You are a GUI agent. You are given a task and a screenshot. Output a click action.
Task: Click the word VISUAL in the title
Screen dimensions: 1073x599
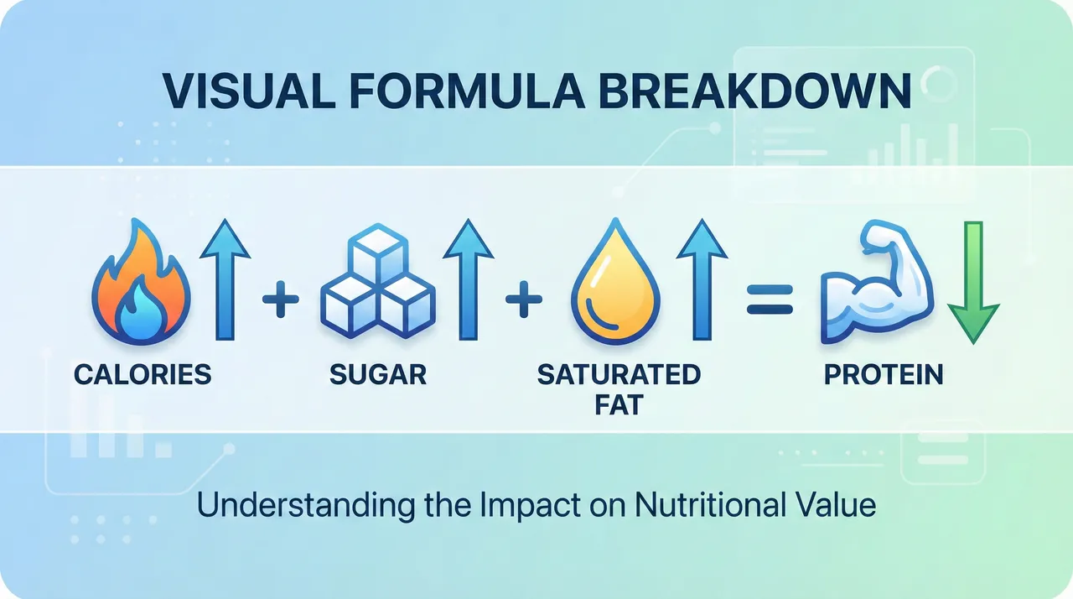click(249, 91)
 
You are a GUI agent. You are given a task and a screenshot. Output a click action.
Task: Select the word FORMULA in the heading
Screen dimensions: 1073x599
click(467, 91)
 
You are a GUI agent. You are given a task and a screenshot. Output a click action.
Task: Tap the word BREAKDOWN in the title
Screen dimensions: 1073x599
click(755, 91)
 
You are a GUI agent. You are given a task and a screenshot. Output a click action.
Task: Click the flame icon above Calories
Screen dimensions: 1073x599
click(142, 282)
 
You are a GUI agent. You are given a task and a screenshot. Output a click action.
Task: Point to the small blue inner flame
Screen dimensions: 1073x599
click(142, 311)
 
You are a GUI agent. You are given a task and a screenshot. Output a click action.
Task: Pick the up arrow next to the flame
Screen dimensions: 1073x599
click(225, 279)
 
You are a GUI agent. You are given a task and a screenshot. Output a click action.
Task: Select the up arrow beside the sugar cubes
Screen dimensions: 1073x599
click(469, 279)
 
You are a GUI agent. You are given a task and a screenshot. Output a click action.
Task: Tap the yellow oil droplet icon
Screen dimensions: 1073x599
click(615, 282)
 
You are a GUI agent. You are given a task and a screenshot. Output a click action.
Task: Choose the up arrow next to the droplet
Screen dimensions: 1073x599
click(702, 279)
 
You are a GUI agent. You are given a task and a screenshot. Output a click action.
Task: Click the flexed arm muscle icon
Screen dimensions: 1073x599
click(878, 282)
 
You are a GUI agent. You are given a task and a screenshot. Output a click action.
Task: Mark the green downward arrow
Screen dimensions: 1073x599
click(973, 283)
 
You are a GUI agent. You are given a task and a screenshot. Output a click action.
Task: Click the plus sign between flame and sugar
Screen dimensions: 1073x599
click(281, 299)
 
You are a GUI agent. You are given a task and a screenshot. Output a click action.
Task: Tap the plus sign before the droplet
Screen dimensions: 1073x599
click(524, 299)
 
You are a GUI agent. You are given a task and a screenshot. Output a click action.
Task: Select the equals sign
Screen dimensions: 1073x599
click(770, 299)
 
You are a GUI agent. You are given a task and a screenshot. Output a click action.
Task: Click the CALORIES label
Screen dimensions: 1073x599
click(143, 374)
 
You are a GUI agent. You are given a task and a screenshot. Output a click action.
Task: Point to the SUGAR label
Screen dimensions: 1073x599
click(378, 374)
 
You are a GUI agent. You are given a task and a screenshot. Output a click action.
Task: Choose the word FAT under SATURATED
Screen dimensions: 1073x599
click(619, 405)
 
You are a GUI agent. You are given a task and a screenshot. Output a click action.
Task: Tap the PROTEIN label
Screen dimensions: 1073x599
click(884, 374)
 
